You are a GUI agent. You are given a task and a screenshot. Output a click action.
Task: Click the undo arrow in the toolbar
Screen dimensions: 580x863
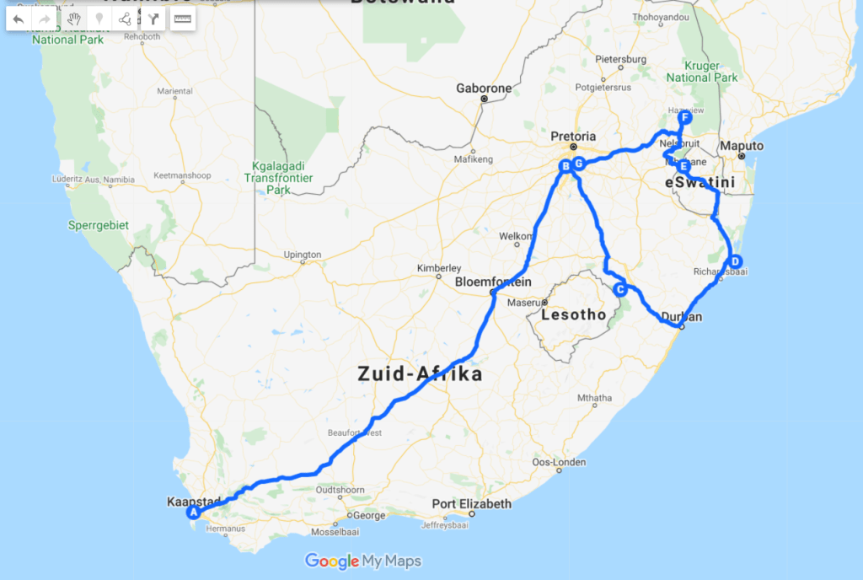point(19,19)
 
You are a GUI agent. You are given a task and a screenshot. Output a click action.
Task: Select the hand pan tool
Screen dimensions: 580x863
point(74,19)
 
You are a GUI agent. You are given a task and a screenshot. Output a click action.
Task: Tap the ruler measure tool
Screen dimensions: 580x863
point(181,19)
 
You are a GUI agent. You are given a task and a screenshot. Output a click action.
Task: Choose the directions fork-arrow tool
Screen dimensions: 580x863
point(152,19)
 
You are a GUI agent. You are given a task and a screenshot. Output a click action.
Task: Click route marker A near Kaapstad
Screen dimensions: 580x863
point(193,512)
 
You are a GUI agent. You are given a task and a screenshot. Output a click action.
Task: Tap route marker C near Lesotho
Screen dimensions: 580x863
point(620,290)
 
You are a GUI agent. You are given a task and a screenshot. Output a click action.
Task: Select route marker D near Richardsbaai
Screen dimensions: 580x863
point(735,260)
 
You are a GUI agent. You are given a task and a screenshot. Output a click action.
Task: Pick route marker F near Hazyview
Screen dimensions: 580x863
point(686,119)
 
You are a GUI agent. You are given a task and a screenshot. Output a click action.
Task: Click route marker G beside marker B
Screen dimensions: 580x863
point(578,163)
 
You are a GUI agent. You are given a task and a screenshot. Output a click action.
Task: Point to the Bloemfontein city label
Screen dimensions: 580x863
point(493,282)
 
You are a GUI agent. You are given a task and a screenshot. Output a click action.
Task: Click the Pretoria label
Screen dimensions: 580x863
point(573,137)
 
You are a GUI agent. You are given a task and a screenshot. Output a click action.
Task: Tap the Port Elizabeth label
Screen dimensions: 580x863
point(472,504)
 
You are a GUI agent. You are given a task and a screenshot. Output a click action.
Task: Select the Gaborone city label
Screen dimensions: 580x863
point(484,88)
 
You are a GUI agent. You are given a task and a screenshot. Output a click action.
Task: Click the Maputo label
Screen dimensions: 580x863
point(742,146)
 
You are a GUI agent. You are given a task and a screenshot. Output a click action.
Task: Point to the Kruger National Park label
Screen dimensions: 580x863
point(702,72)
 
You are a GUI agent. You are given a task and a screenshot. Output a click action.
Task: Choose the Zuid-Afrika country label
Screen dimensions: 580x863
point(420,373)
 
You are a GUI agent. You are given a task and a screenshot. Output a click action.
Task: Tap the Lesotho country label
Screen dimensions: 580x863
point(573,315)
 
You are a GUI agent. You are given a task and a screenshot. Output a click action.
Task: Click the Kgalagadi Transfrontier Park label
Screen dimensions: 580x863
point(278,178)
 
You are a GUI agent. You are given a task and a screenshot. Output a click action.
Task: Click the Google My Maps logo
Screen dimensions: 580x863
point(363,561)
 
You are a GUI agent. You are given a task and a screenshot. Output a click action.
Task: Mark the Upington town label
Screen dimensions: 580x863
point(303,255)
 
